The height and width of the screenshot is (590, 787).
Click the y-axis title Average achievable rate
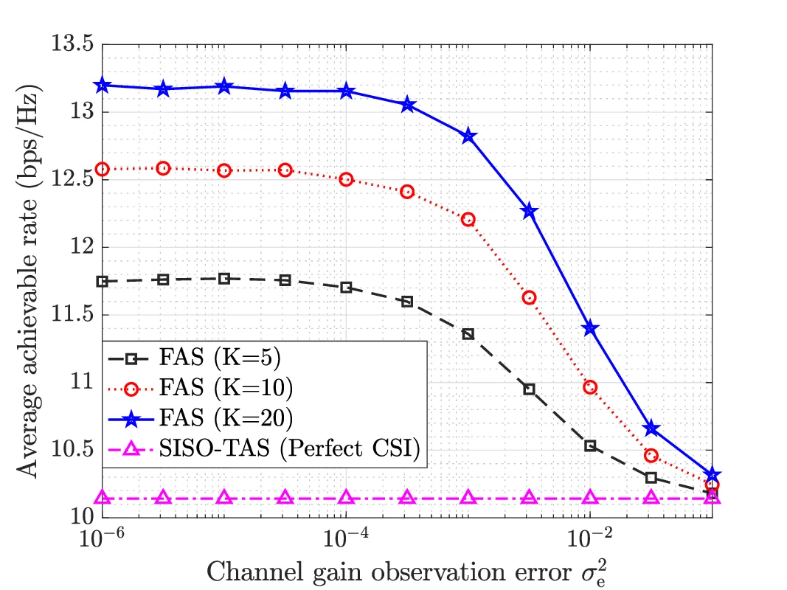coord(30,280)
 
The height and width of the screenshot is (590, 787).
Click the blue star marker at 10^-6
coord(103,86)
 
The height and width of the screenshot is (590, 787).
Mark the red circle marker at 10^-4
coord(346,179)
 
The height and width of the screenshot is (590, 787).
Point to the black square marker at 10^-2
coord(590,445)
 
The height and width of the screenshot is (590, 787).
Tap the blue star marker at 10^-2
coord(590,328)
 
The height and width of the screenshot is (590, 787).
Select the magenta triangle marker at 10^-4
coord(346,498)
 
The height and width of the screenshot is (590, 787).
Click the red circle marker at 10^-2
coord(590,387)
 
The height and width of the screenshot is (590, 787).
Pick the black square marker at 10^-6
coord(103,281)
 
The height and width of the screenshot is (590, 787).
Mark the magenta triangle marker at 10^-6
coord(103,498)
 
